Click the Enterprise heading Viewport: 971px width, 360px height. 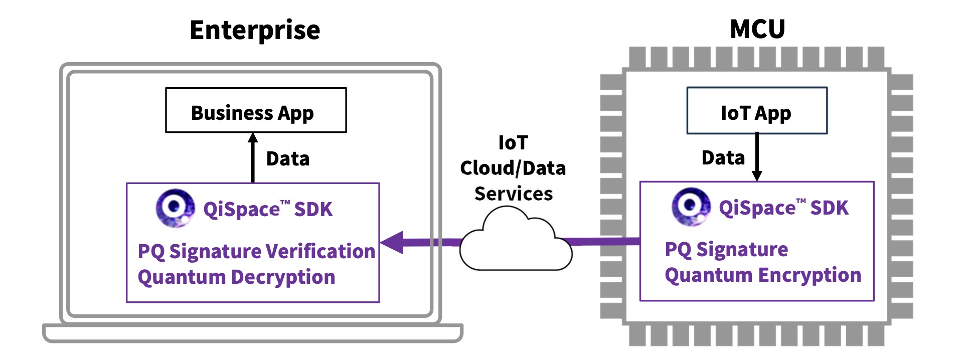click(255, 30)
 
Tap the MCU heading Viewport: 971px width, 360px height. click(757, 29)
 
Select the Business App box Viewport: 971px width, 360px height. click(256, 110)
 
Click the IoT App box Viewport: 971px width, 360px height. click(756, 111)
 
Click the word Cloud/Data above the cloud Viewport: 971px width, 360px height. click(513, 168)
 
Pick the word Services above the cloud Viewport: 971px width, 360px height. click(514, 194)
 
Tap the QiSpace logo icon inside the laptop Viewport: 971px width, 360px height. click(175, 208)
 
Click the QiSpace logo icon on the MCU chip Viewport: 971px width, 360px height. click(691, 206)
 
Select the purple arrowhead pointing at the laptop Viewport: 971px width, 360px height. click(394, 242)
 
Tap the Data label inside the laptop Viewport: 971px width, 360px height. click(288, 159)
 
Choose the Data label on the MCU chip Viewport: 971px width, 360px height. click(723, 158)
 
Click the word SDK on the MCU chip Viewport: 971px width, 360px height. click(830, 208)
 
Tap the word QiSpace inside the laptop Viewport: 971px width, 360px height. click(241, 210)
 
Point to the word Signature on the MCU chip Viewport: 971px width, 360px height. click(742, 250)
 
